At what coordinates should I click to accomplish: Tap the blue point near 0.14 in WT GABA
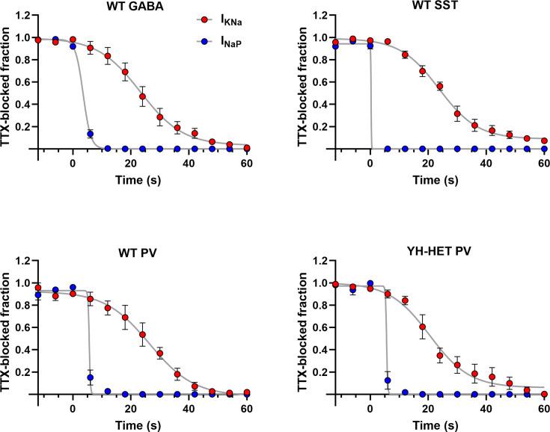91,134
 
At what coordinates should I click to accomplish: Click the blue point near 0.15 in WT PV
91,377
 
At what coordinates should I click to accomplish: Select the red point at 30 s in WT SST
457,114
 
